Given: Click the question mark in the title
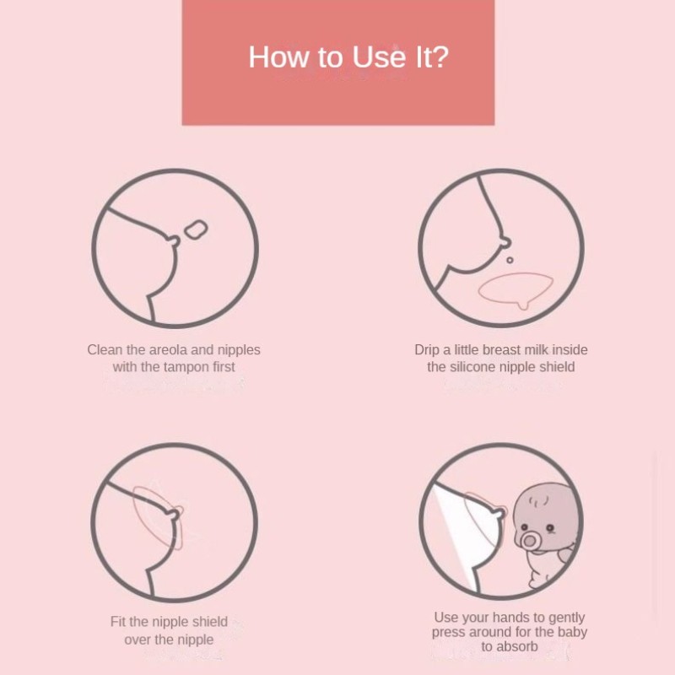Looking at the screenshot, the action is (x=440, y=57).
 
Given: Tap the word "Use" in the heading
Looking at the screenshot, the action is (x=379, y=57).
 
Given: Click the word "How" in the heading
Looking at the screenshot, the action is (x=280, y=57).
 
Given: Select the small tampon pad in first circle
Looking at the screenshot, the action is (x=197, y=229).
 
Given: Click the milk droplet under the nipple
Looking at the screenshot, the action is (x=510, y=261).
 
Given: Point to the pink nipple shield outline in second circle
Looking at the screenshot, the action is (x=516, y=287).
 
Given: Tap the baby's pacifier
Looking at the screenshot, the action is (x=529, y=540).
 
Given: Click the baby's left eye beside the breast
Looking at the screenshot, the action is (x=524, y=526).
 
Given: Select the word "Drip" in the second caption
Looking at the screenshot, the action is (x=427, y=350).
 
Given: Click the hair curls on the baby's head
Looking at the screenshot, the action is (x=538, y=501).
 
